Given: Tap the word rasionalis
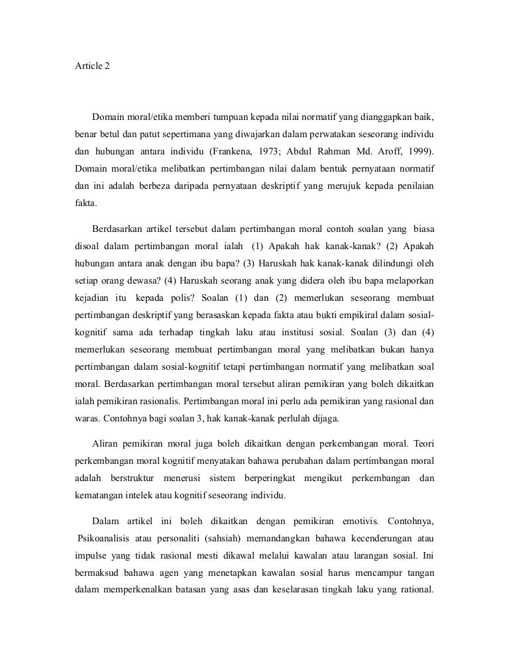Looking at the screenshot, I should click(x=158, y=401).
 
